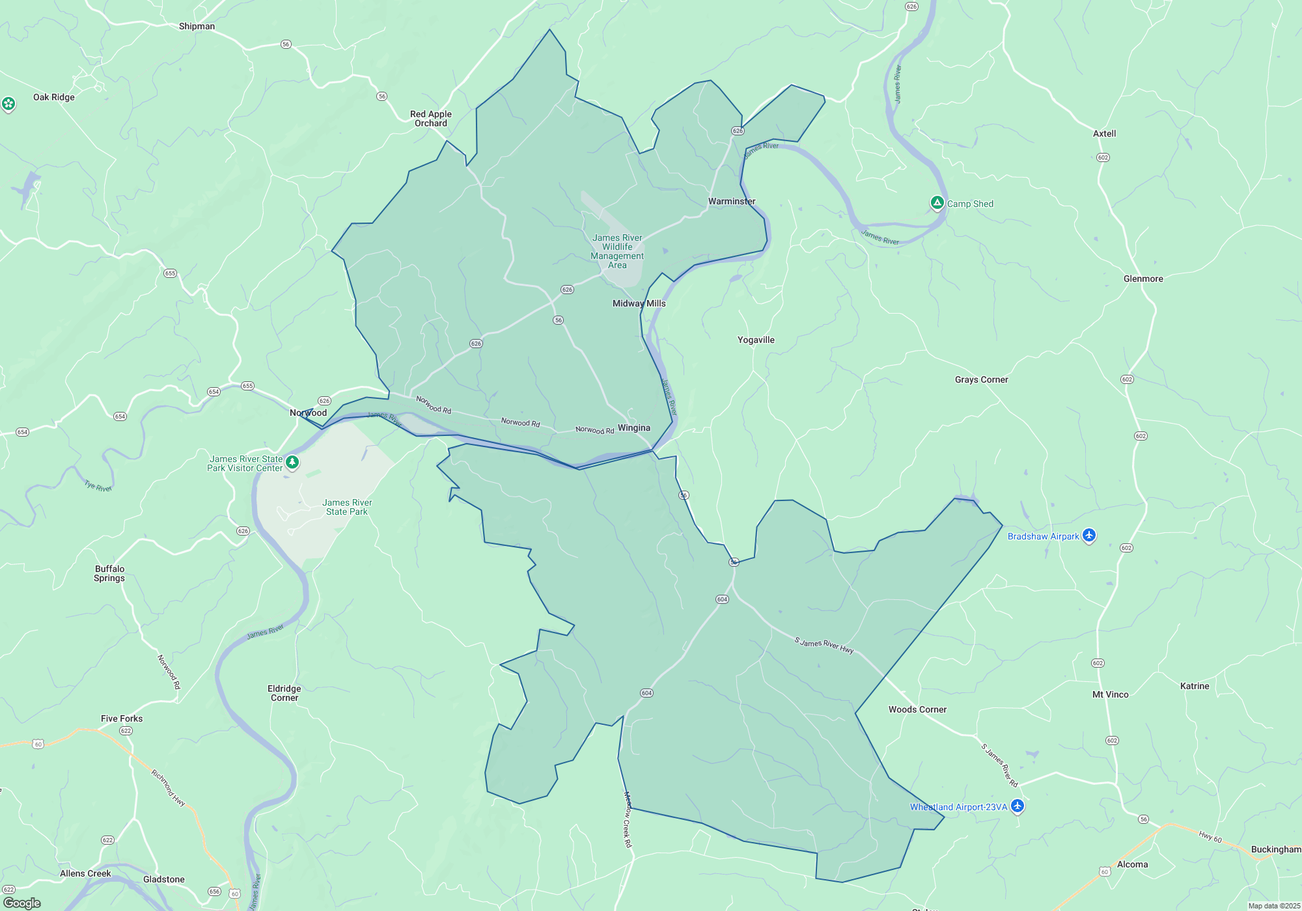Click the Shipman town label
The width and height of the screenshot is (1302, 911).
click(x=197, y=26)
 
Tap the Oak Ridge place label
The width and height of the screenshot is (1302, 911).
click(x=54, y=97)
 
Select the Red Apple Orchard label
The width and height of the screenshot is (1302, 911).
click(x=430, y=118)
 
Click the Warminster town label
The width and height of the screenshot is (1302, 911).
click(x=732, y=201)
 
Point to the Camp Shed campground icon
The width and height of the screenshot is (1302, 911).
click(x=937, y=203)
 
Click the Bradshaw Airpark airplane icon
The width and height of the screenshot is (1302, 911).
click(x=1089, y=536)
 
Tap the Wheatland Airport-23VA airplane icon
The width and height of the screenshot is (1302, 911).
click(x=1018, y=806)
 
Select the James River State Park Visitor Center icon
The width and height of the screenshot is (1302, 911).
click(x=292, y=462)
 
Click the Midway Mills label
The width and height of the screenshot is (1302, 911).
click(x=639, y=303)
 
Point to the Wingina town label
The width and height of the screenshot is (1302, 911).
click(x=633, y=428)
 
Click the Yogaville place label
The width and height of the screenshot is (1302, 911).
click(x=756, y=340)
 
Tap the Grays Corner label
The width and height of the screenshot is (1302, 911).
click(x=981, y=379)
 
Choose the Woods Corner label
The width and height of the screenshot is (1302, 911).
click(x=917, y=709)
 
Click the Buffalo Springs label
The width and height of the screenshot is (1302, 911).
click(x=109, y=573)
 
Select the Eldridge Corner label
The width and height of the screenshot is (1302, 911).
click(x=284, y=693)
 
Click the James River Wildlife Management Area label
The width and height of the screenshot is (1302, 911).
click(x=617, y=251)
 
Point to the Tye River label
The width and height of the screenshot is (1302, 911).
click(x=98, y=486)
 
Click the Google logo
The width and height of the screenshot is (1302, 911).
click(x=22, y=903)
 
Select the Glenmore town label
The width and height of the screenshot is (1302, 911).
click(x=1143, y=279)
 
